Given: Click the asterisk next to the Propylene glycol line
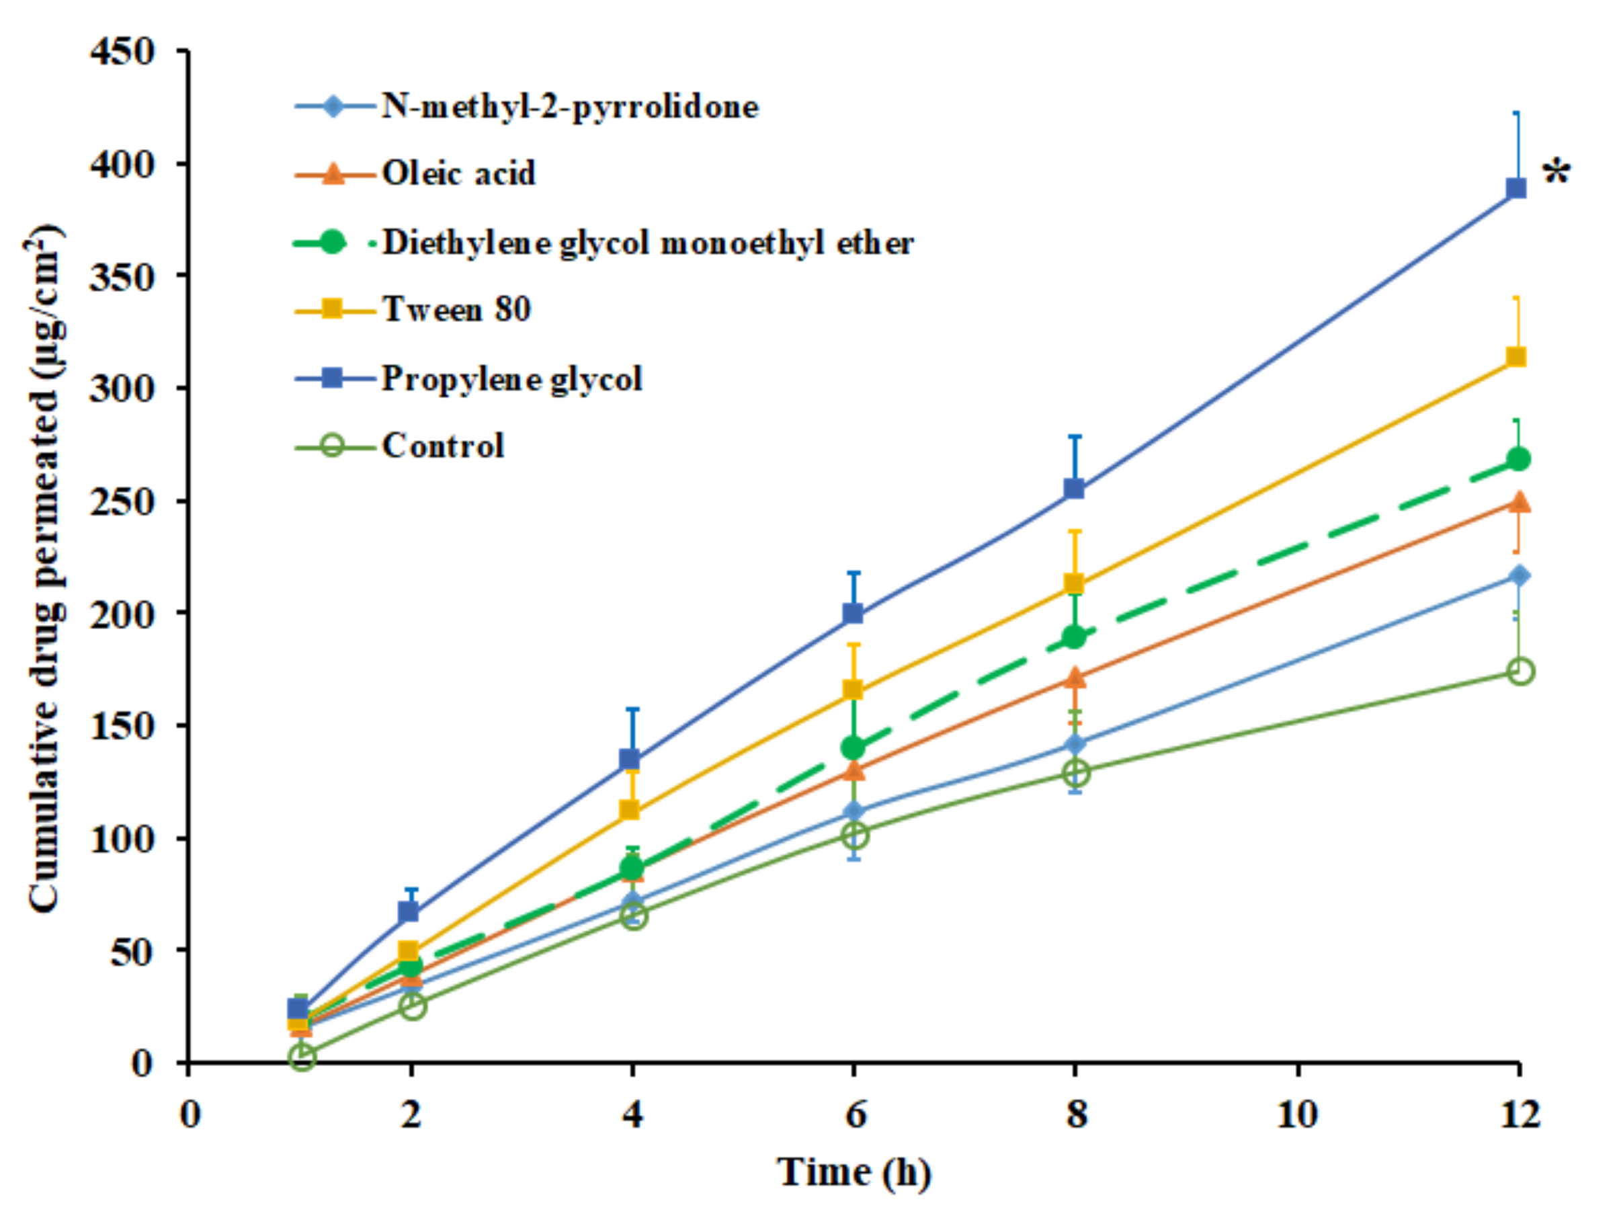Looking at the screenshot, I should click(x=1556, y=173).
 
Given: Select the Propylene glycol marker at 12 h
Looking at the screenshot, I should click(x=1516, y=188).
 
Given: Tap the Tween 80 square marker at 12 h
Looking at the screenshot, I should click(x=1516, y=357).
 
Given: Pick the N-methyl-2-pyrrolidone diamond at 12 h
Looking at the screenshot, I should click(x=1519, y=575).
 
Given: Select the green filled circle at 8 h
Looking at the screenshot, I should click(x=1075, y=637).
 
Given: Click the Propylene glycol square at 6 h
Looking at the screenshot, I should click(x=852, y=614).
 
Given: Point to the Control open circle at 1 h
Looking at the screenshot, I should click(x=302, y=1057).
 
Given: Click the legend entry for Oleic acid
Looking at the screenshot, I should click(x=458, y=173).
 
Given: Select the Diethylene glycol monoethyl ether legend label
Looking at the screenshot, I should click(x=648, y=243).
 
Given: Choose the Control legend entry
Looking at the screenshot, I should click(x=443, y=446).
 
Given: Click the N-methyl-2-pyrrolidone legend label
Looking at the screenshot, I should click(x=569, y=107).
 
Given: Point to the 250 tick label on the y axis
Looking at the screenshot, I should click(x=122, y=501).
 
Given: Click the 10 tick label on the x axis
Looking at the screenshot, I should click(x=1297, y=1115).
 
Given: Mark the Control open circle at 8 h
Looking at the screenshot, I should click(x=1076, y=772).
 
